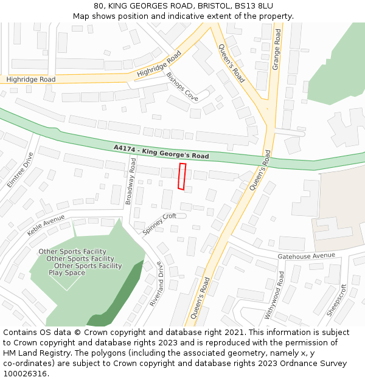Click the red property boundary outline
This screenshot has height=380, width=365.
coord(182,176)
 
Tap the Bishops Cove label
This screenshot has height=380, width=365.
coord(182,86)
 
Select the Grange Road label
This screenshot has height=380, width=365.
coord(277,49)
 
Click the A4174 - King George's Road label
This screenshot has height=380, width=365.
coord(161,152)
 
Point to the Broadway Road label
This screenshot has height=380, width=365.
coord(130,181)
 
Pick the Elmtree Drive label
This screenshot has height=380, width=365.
coord(19,170)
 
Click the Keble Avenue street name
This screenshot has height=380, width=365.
coord(46,226)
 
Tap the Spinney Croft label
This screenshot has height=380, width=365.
coord(159,224)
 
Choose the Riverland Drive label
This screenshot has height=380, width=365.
coord(157,283)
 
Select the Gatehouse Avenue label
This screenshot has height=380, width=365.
coord(307,256)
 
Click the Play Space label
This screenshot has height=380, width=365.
coord(67,273)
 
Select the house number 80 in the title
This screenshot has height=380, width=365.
coord(99,6)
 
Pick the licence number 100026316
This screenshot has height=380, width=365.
coord(25,374)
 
